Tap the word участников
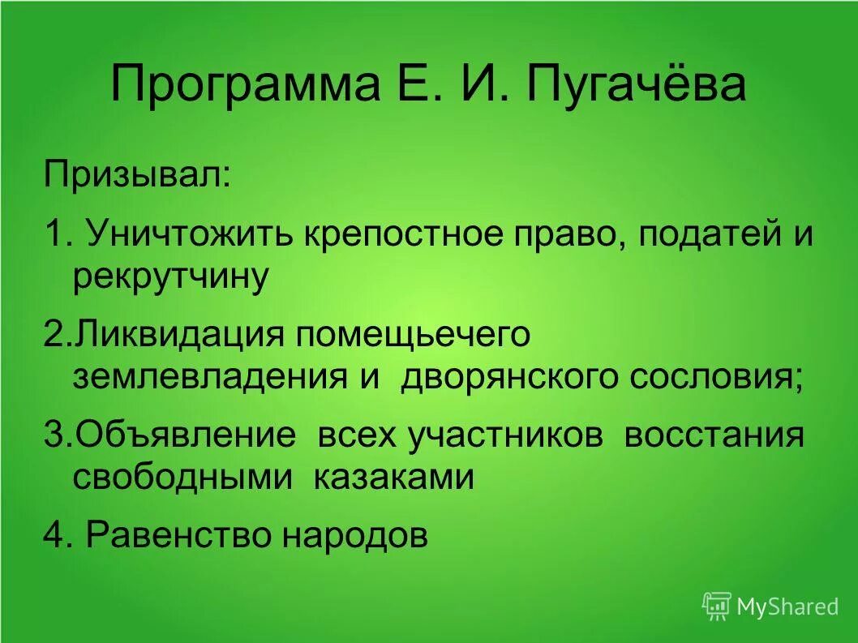click(x=505, y=435)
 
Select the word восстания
click(x=714, y=435)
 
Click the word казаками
click(x=393, y=477)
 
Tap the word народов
click(x=355, y=535)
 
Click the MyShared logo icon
click(x=716, y=606)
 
